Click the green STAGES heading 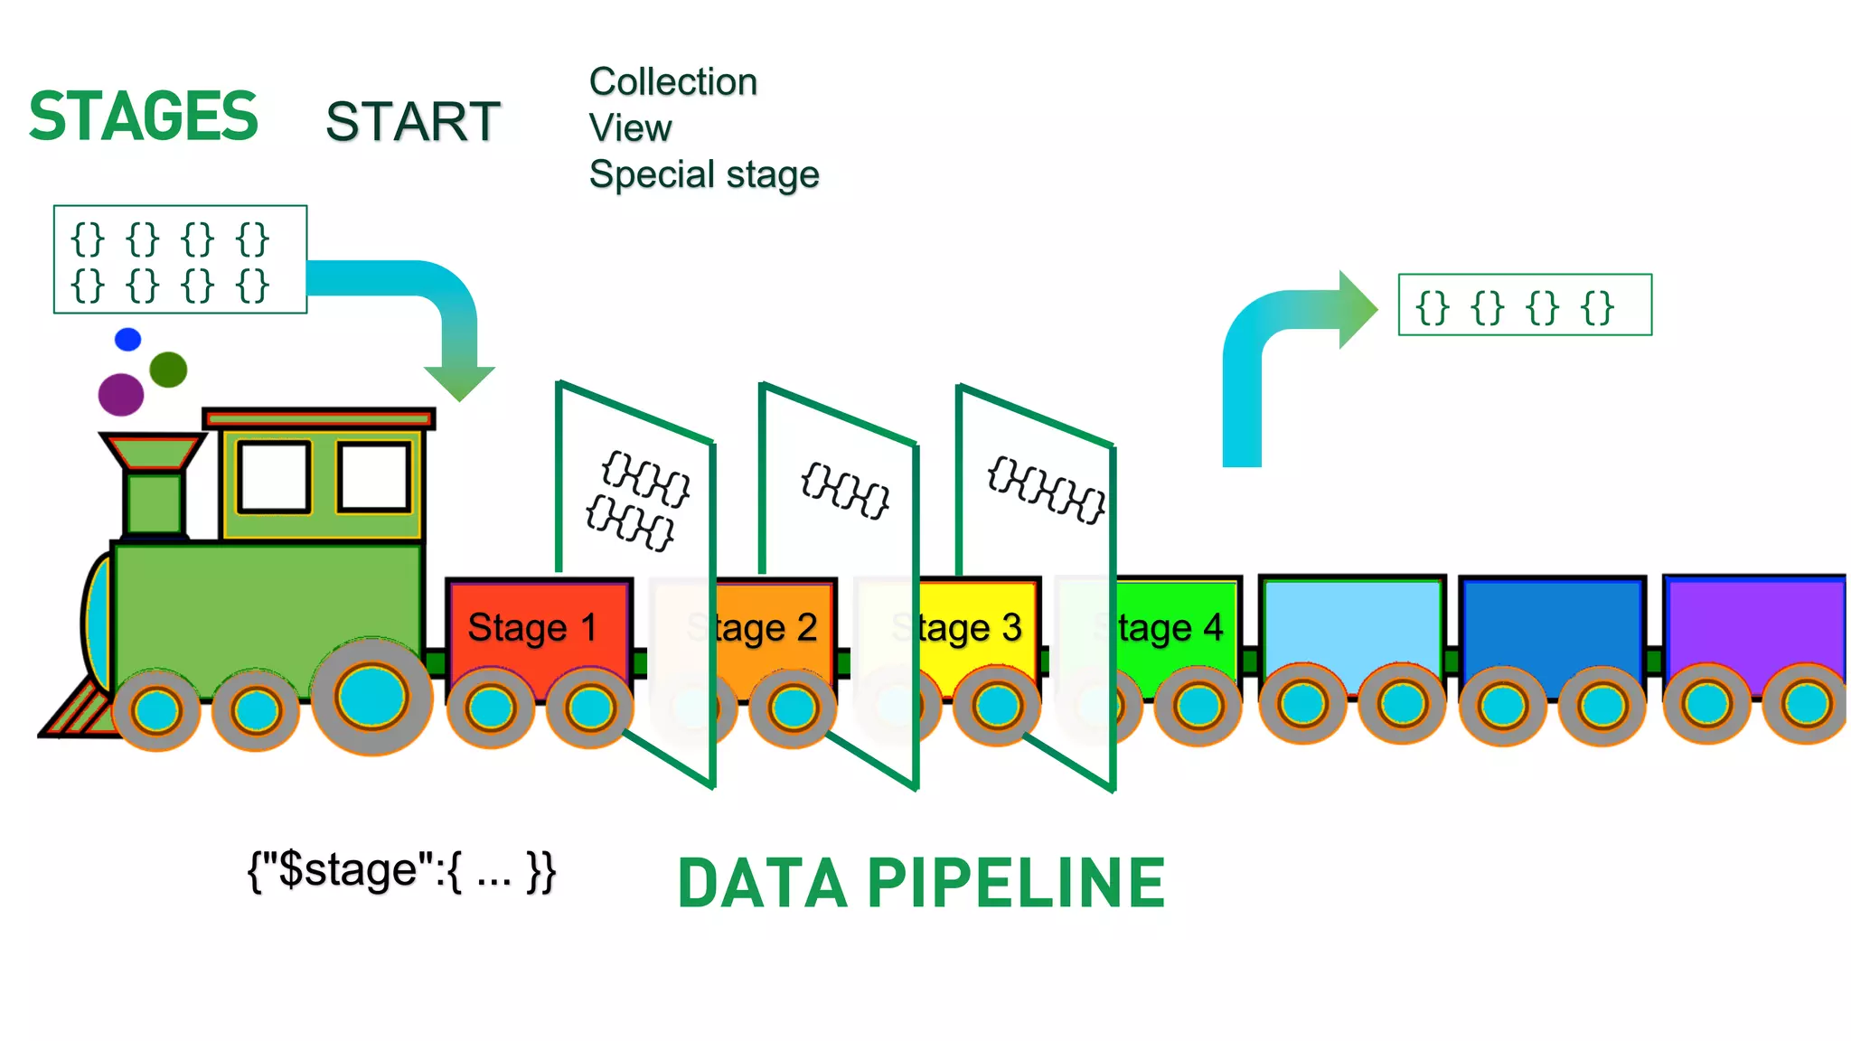(x=143, y=117)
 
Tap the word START (x=412, y=122)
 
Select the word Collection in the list (x=672, y=82)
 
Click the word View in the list (x=630, y=128)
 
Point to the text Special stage (x=703, y=174)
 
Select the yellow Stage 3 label (x=971, y=627)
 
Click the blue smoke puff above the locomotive (x=128, y=340)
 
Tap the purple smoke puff (x=121, y=394)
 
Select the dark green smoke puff (x=168, y=370)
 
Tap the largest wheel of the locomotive (x=371, y=696)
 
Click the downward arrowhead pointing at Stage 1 (x=459, y=382)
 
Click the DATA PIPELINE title (x=921, y=884)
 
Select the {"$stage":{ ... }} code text (x=401, y=871)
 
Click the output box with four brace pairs (x=1524, y=305)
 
